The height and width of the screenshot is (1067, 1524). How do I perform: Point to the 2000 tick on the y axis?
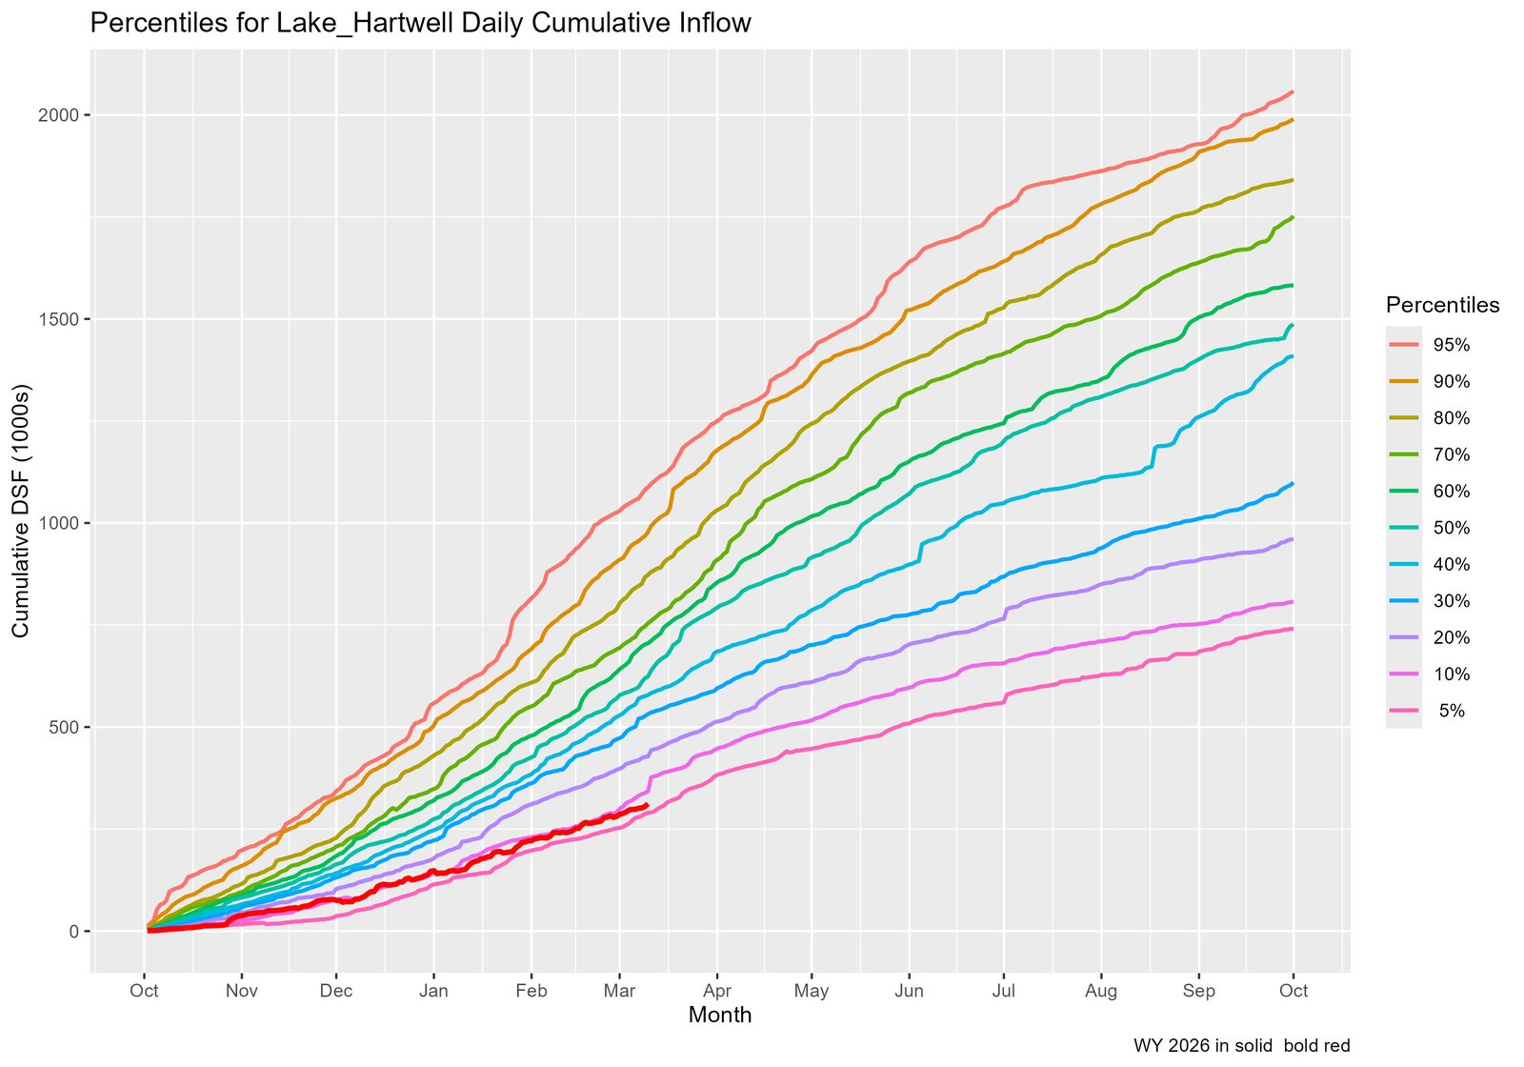coord(59,115)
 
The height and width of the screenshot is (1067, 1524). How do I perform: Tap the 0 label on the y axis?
coord(73,932)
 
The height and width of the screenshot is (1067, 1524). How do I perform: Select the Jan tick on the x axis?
coord(433,991)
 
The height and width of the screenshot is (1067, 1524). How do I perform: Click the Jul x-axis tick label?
coord(1003,991)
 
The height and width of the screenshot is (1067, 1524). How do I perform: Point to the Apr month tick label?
coord(717,991)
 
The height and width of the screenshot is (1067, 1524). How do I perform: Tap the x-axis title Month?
coord(720,1016)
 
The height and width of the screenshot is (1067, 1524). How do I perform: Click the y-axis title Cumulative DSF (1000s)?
coord(21,511)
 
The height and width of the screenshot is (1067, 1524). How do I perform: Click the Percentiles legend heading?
coord(1442,305)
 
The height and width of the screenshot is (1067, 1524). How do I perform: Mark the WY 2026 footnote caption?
coord(1241,1045)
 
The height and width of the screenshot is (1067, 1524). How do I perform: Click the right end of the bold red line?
coord(648,805)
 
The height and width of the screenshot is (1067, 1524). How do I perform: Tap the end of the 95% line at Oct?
coord(1293,91)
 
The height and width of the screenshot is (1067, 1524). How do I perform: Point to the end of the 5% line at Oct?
coord(1293,629)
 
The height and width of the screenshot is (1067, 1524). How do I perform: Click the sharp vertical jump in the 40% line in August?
coord(1153,456)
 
